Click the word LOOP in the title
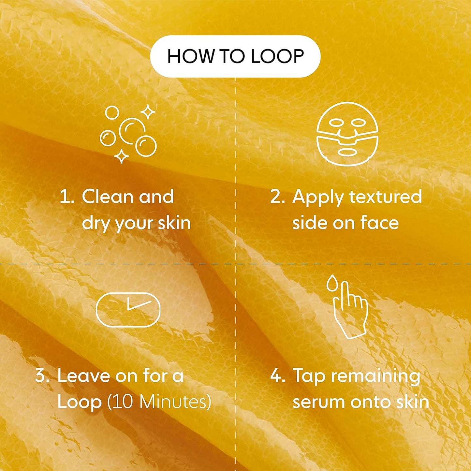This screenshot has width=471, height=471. (x=277, y=56)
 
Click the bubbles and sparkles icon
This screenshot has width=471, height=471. (x=128, y=134)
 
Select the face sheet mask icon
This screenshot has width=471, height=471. (x=347, y=134)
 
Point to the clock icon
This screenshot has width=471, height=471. (x=128, y=310)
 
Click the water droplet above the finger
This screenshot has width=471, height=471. (x=332, y=282)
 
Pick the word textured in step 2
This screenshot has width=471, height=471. (x=385, y=197)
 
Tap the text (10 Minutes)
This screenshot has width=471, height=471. (x=159, y=402)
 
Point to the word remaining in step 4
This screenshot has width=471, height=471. (x=375, y=376)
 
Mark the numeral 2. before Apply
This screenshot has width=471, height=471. (x=277, y=197)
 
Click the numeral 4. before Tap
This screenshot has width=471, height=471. (x=277, y=375)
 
